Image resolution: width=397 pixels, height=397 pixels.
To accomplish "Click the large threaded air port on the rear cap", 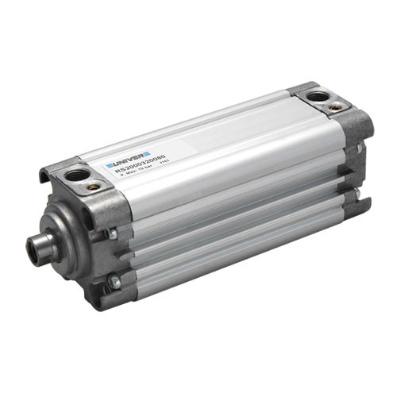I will click(318, 96).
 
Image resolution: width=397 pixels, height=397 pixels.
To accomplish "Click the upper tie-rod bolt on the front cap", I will click(114, 233).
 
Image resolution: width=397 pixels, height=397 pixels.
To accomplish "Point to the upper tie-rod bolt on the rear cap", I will click(358, 148).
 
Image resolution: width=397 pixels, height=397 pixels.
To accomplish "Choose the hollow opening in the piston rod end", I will click(33, 252).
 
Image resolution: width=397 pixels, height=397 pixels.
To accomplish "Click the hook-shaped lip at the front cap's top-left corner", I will click(44, 174).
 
